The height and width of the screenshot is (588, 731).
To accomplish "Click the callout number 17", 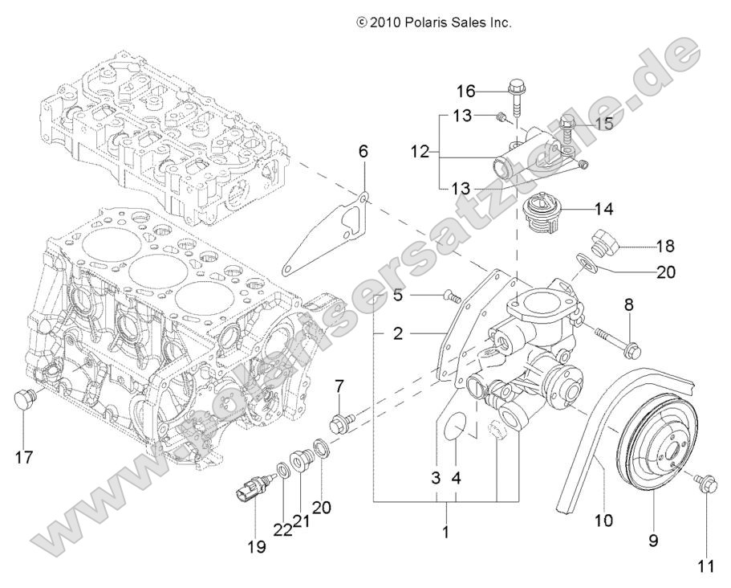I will coord(23,458).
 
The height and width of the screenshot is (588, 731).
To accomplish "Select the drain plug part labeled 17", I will coord(25,398).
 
